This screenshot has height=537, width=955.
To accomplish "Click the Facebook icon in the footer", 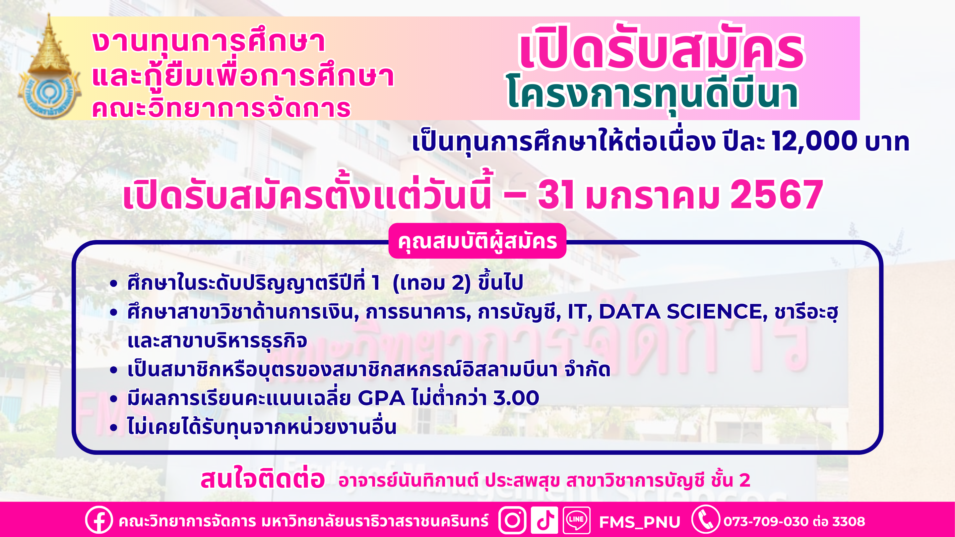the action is click(x=98, y=520).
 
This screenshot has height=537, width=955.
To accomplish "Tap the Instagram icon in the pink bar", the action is click(x=512, y=520).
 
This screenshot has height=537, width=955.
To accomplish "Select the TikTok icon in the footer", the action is click(x=544, y=520).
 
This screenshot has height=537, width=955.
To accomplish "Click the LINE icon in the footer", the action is click(x=577, y=520).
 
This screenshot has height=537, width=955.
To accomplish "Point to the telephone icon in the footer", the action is click(x=706, y=520).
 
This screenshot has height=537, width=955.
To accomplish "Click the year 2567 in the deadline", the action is click(x=777, y=195).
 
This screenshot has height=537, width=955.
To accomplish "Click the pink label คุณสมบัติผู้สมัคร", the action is click(x=477, y=241).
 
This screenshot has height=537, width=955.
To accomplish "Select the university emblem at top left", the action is click(x=49, y=67).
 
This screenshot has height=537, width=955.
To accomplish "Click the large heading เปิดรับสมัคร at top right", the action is click(x=662, y=48).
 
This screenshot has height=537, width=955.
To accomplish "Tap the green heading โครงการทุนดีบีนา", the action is click(x=653, y=94).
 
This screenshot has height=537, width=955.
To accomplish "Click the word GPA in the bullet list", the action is click(x=381, y=398).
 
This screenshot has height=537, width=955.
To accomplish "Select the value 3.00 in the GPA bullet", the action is click(x=516, y=398).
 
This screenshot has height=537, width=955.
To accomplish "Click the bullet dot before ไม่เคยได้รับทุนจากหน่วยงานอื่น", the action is click(x=113, y=427).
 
